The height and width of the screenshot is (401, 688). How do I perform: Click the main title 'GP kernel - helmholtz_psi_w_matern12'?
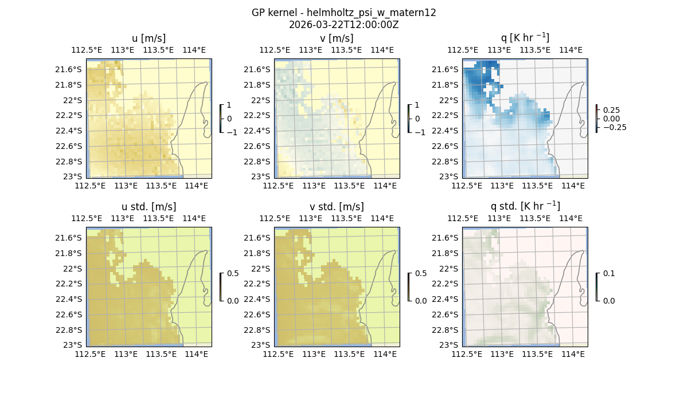(x=343, y=13)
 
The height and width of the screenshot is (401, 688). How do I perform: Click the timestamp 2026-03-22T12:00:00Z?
(x=343, y=25)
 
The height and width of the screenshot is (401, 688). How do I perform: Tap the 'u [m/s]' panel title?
(x=148, y=38)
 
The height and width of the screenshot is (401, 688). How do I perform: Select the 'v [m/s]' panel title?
(x=337, y=38)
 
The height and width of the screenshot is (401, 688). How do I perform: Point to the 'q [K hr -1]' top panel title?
(x=525, y=38)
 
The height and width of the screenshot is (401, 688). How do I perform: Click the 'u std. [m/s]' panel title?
(x=148, y=207)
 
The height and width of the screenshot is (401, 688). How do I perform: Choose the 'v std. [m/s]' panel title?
(x=337, y=207)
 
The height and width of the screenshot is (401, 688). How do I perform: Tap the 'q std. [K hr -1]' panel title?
(x=525, y=207)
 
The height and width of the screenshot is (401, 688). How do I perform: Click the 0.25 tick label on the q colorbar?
(x=612, y=110)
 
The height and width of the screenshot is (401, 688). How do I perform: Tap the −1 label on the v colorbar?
(x=420, y=132)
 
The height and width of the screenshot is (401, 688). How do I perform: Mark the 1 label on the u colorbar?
(x=229, y=105)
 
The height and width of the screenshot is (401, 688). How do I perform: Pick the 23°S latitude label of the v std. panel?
(x=263, y=345)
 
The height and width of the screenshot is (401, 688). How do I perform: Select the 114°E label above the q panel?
(x=570, y=50)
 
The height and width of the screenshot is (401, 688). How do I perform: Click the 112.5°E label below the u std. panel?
(x=90, y=355)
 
